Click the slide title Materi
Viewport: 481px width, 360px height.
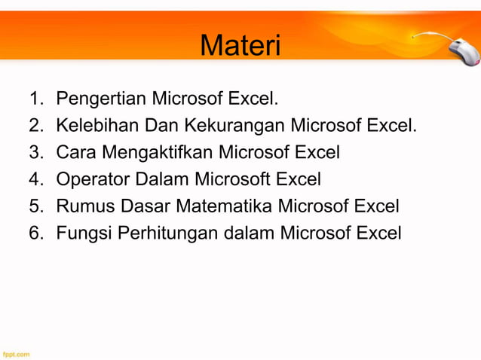(240, 46)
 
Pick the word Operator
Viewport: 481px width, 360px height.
(93, 179)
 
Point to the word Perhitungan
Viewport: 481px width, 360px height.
(167, 233)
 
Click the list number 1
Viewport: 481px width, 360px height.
(35, 98)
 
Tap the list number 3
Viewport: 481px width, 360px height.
(35, 152)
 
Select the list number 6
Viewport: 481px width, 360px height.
(35, 233)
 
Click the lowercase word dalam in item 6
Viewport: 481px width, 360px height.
(249, 233)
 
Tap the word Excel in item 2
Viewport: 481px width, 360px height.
(391, 125)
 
